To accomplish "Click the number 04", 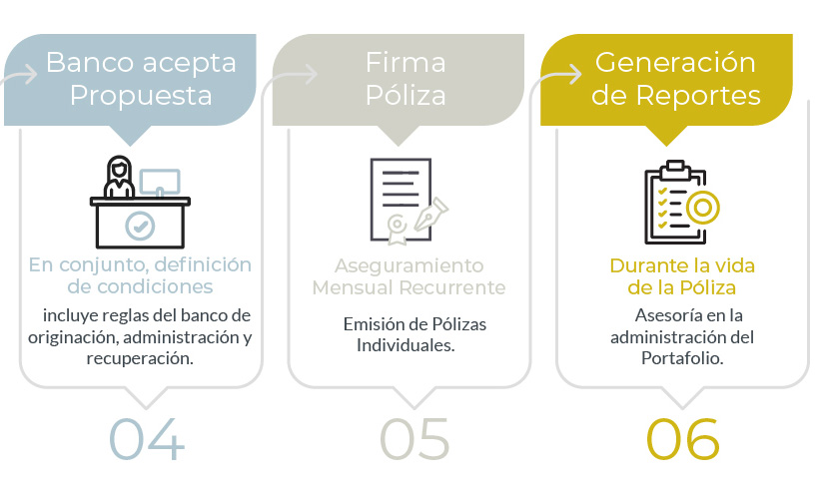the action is (x=147, y=439).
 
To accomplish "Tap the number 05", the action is (x=414, y=439).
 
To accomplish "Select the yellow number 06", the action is (x=682, y=439).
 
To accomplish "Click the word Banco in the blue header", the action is (x=90, y=63).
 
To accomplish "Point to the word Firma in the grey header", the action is (x=406, y=63).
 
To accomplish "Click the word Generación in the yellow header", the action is (x=675, y=63).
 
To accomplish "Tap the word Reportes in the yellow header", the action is (x=698, y=96).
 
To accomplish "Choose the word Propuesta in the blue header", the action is (x=141, y=96).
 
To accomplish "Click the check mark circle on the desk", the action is (x=140, y=227).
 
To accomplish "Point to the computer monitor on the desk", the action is (x=159, y=183).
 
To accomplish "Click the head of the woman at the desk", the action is (x=119, y=170).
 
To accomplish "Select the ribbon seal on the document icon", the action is (x=398, y=229).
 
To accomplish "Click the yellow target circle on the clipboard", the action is (x=702, y=208).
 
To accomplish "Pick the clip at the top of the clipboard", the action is (x=675, y=169).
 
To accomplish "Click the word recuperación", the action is (x=140, y=358).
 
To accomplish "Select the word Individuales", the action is (x=406, y=345).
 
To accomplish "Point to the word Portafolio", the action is (x=682, y=358).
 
